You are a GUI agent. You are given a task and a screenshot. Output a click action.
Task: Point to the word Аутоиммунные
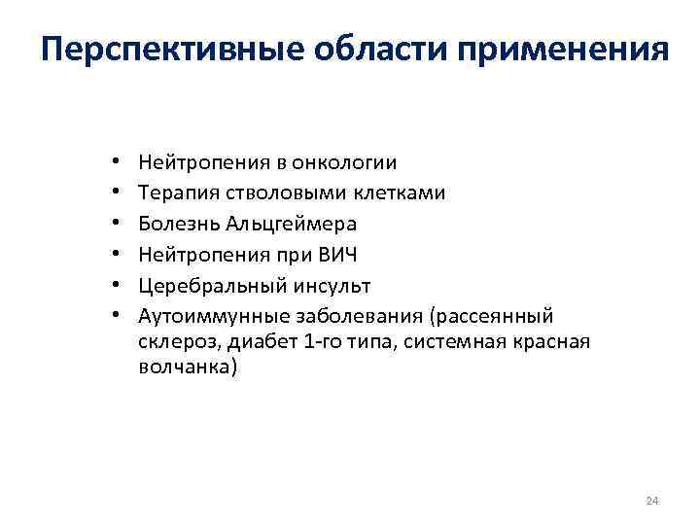203,316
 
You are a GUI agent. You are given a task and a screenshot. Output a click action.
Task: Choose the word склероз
174,343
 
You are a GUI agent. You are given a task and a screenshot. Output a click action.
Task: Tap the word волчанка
186,370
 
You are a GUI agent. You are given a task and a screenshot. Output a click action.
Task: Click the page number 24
651,501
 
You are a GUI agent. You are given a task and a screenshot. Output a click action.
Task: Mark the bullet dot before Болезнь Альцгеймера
114,225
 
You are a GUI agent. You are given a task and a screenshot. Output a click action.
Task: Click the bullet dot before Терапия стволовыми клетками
114,193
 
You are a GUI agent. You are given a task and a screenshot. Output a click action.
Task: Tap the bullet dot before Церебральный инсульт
114,287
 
